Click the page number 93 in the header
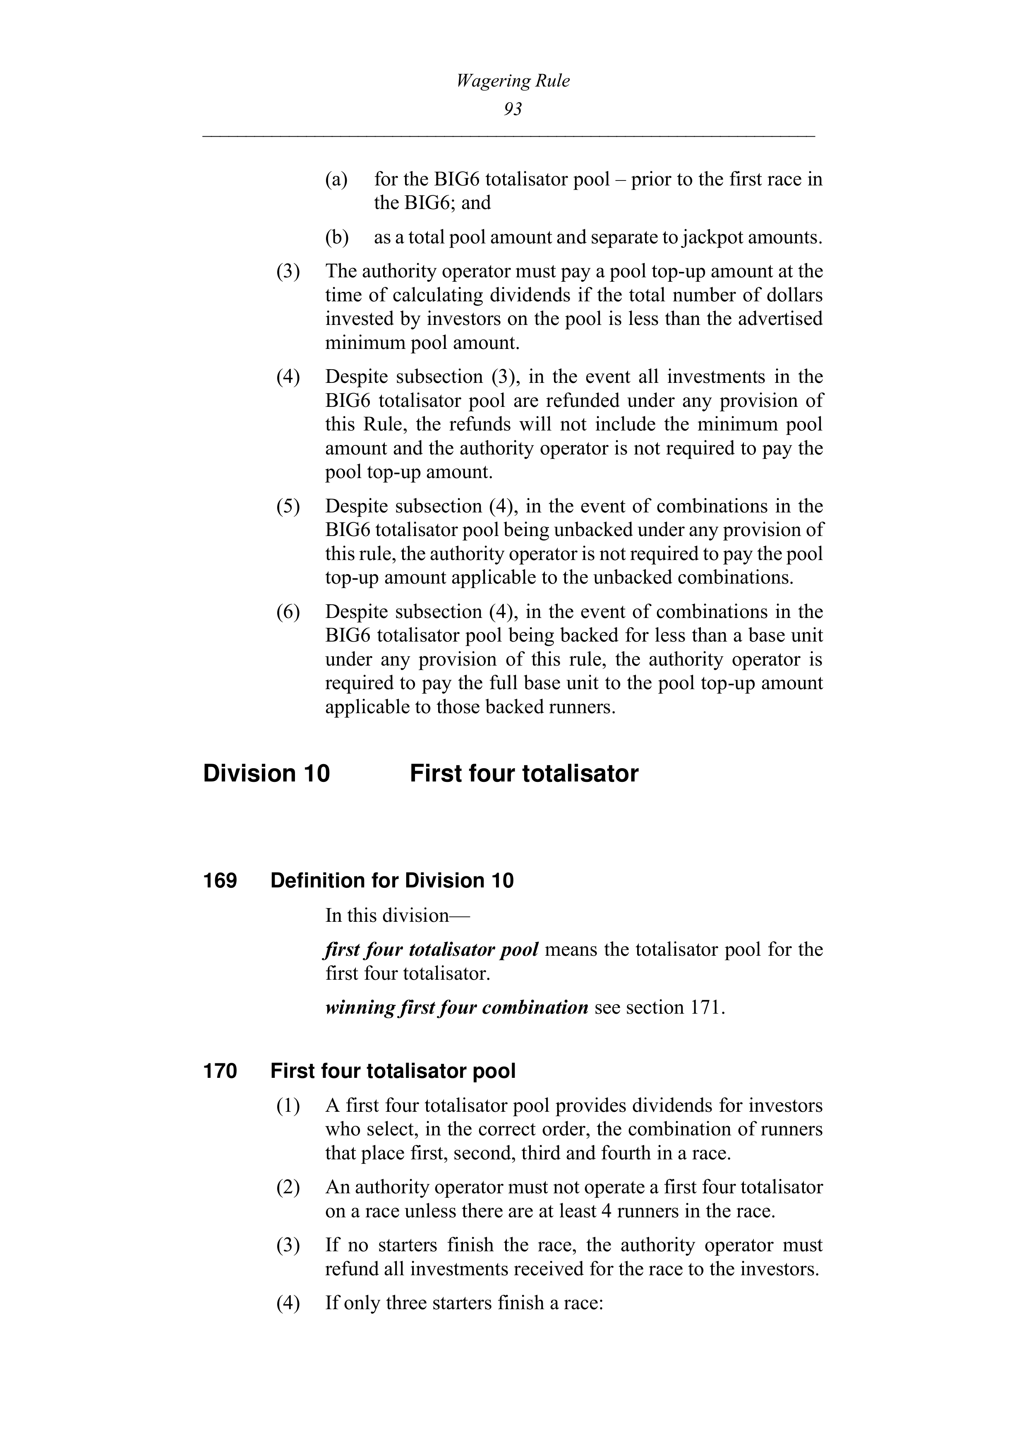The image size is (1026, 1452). click(513, 109)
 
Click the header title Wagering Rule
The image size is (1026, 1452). click(513, 81)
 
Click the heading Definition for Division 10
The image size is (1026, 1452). click(392, 880)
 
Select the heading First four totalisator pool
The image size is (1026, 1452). click(393, 1071)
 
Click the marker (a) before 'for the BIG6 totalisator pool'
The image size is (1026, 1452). click(337, 180)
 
